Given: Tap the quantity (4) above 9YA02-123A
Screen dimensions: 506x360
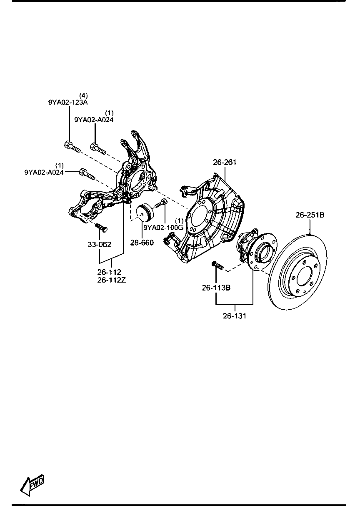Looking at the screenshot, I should pos(83,95).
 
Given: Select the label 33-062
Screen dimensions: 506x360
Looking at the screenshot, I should pos(99,244).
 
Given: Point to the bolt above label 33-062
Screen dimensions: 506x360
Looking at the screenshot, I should pos(100,227).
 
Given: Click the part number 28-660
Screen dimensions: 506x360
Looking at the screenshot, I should pos(142,243).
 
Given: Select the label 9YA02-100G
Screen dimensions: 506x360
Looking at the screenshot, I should pos(163,228).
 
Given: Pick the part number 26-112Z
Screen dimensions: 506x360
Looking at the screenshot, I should pos(112,280).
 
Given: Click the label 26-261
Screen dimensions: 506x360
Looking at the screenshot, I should pos(225,163).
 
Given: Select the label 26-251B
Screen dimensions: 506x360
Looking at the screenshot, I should pos(310,215).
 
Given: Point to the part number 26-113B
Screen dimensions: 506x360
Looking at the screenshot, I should pos(216,287).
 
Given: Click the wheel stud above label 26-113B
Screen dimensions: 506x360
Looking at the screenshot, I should pos(217,265).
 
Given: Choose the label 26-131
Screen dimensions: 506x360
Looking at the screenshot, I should pos(235,316).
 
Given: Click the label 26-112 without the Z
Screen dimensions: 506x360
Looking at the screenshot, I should pos(109,273).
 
